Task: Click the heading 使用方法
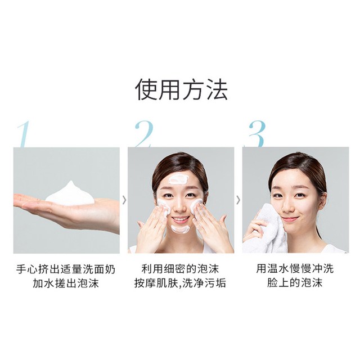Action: tap(181, 89)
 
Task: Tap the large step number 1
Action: tap(24, 134)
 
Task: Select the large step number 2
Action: tap(144, 134)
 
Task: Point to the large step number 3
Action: tap(256, 134)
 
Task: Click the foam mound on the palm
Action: tap(70, 193)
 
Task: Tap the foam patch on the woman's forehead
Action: tap(178, 178)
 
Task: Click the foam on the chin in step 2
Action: tap(180, 229)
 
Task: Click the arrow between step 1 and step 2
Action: tap(124, 200)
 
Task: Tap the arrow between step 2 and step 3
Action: tap(238, 200)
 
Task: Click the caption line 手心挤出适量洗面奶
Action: tap(66, 269)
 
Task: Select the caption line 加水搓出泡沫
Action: tap(66, 283)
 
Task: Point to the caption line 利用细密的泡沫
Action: tap(180, 269)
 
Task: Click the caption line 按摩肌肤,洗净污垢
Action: tap(180, 283)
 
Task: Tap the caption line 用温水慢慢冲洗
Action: tap(295, 269)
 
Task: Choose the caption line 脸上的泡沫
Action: tap(295, 283)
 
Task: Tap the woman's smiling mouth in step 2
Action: tap(181, 219)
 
